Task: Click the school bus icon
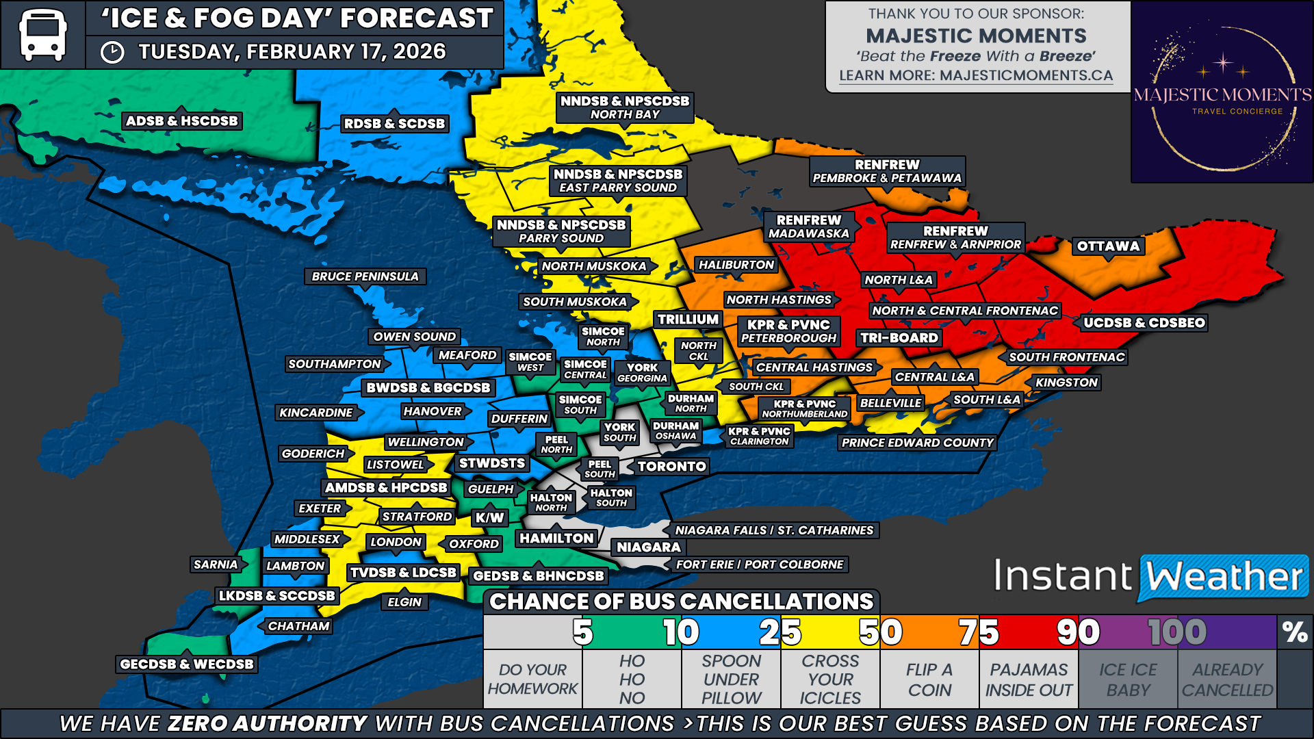42,34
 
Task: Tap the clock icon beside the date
112,52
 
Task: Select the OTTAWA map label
1108,246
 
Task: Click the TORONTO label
671,467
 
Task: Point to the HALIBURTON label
736,265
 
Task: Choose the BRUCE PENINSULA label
365,276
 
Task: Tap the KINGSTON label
1066,383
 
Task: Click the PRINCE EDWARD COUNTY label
917,443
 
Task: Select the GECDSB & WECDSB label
186,664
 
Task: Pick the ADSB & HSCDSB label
181,121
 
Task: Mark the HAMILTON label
556,539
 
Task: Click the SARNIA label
216,565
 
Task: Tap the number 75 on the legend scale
979,632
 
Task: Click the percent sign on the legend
1295,632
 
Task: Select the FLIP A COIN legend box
929,679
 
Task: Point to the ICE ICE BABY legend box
1128,679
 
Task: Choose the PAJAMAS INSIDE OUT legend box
1029,679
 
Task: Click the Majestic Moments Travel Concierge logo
1222,92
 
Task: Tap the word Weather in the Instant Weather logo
1224,577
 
